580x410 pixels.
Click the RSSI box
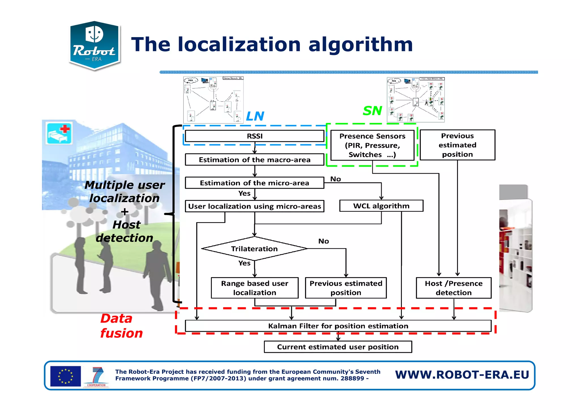pyautogui.click(x=254, y=136)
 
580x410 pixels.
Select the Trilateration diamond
pyautogui.click(x=254, y=249)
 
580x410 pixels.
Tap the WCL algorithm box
pyautogui.click(x=381, y=206)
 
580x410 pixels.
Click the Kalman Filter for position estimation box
pyautogui.click(x=338, y=326)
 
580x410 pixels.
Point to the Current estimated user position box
pyautogui.click(x=338, y=347)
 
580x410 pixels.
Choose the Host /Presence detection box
pyautogui.click(x=453, y=288)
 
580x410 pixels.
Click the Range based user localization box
pyautogui.click(x=254, y=288)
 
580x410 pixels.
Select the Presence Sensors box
pyautogui.click(x=372, y=145)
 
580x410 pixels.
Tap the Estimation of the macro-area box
pyautogui.click(x=254, y=160)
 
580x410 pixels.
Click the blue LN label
pyautogui.click(x=255, y=116)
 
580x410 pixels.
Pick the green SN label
pyautogui.click(x=372, y=111)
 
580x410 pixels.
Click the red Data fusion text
pyautogui.click(x=121, y=326)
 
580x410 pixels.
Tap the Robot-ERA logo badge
pyautogui.click(x=94, y=45)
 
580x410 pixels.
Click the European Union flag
pyautogui.click(x=65, y=376)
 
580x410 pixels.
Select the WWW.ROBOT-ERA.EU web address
pyautogui.click(x=462, y=375)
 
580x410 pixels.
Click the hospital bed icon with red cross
pyautogui.click(x=59, y=133)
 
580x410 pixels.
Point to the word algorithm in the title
pyautogui.click(x=360, y=44)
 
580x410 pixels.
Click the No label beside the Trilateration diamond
pyautogui.click(x=323, y=241)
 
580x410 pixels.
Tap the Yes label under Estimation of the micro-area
pyautogui.click(x=244, y=194)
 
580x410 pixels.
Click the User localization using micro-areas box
pyautogui.click(x=254, y=206)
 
